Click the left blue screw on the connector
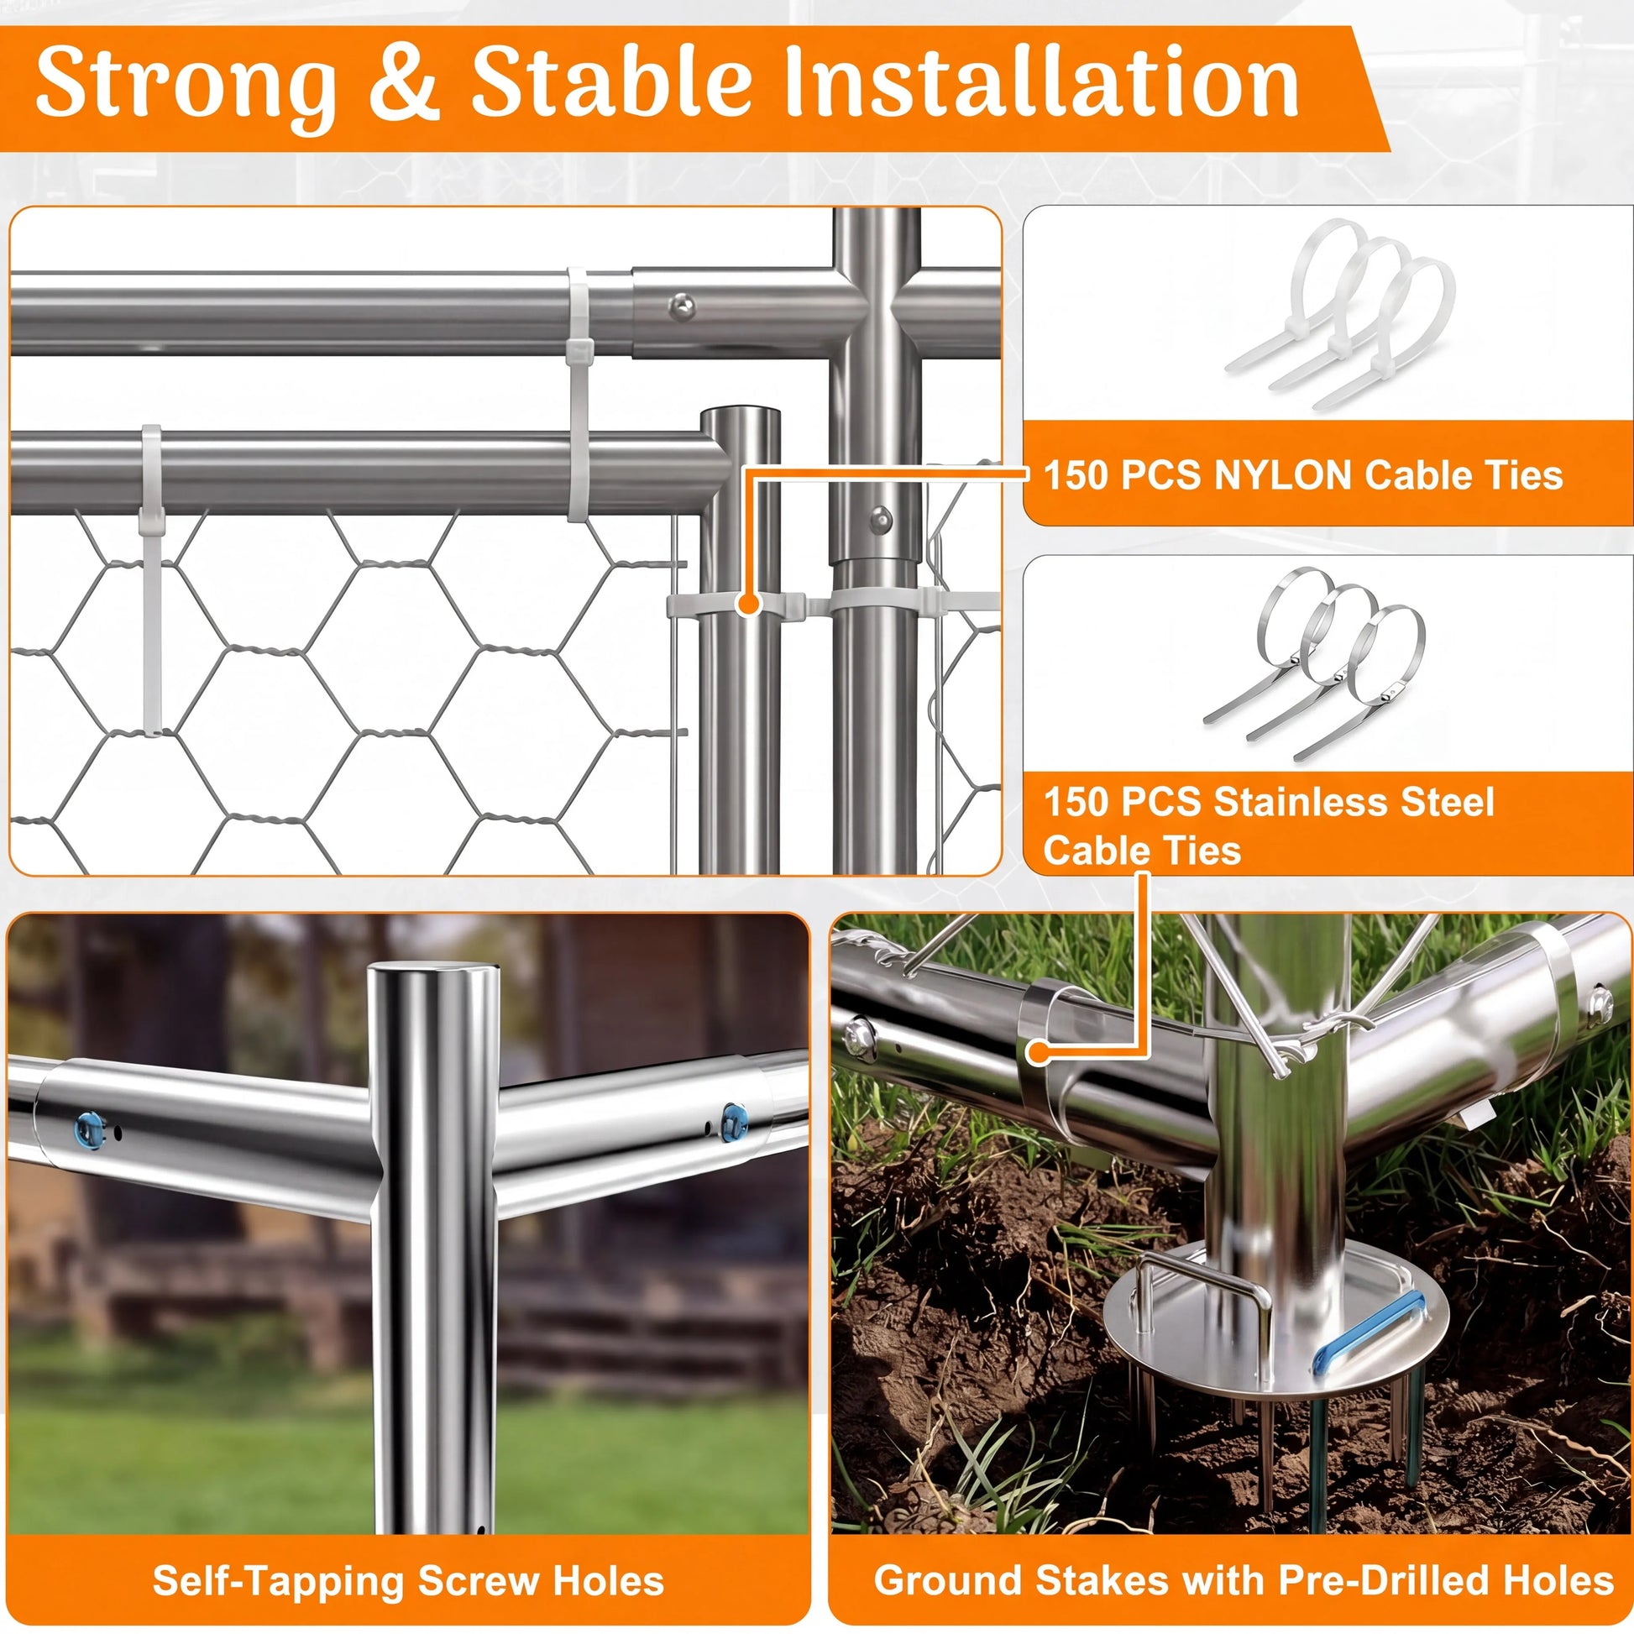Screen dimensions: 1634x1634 coord(90,1130)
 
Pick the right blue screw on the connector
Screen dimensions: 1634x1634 coord(734,1122)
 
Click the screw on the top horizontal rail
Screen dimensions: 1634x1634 coord(682,306)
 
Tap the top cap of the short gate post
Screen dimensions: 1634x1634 coord(740,416)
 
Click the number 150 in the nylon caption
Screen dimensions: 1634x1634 coord(1075,474)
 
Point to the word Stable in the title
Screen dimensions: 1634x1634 coord(610,81)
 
